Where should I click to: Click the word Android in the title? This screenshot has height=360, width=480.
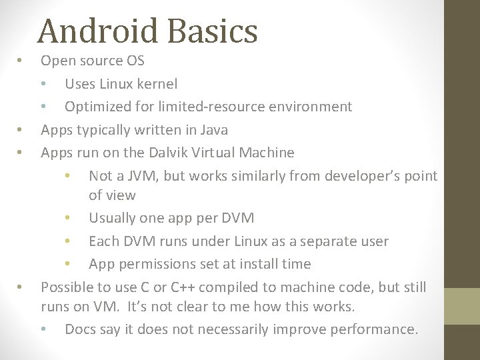(x=99, y=31)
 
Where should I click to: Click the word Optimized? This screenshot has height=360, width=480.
(x=97, y=107)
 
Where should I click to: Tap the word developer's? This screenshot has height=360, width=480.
(x=360, y=176)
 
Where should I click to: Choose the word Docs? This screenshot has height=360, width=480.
(x=81, y=329)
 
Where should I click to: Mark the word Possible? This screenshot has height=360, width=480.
(x=69, y=287)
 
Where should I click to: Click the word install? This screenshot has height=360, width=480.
(x=261, y=264)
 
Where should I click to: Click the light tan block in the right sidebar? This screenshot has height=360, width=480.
(x=462, y=307)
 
